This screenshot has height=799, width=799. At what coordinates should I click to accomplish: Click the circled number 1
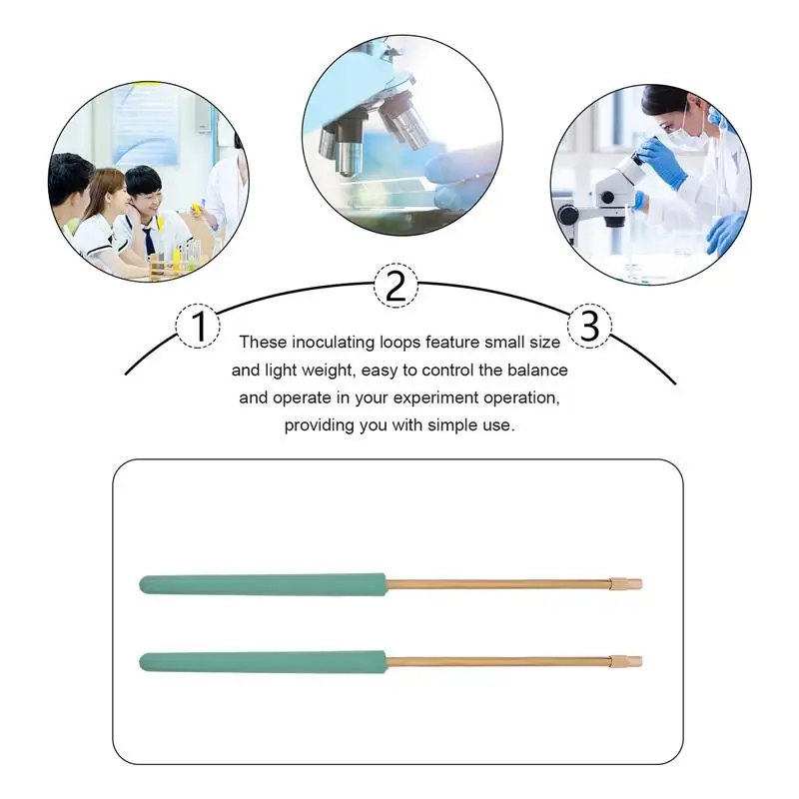[x=199, y=326]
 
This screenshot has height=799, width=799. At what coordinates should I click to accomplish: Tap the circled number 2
[x=396, y=287]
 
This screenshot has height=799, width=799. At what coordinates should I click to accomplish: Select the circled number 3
[x=589, y=326]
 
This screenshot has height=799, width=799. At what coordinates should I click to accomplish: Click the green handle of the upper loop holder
[x=263, y=583]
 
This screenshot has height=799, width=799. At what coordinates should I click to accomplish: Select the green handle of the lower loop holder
[x=263, y=661]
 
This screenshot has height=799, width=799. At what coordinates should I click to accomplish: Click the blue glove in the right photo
[x=663, y=164]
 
